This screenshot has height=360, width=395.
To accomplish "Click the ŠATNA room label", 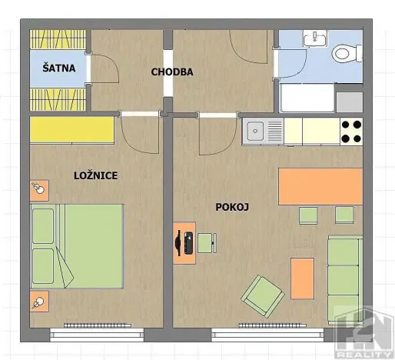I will point(59,68).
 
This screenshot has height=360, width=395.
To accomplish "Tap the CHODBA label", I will point(172,72).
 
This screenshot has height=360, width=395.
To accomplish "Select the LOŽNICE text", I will point(95,175).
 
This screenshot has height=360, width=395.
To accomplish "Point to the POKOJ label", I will point(232,206).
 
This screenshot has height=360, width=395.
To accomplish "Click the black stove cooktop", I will point(350,132).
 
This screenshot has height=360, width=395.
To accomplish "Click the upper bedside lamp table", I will point(38,188).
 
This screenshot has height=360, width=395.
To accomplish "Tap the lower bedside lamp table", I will point(38,301).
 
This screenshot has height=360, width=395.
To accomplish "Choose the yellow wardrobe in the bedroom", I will point(72,130).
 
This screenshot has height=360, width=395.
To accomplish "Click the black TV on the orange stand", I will point(185,243).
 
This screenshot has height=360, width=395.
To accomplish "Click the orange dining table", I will point(320,187).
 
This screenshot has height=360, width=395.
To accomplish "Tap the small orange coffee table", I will point(302,278).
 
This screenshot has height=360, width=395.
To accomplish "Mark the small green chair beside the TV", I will point(207,243).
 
